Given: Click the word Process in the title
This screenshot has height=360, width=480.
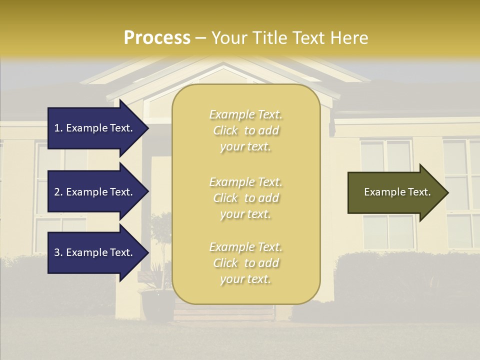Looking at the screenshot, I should [157, 38].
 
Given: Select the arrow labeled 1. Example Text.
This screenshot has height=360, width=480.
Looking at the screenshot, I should [95, 128].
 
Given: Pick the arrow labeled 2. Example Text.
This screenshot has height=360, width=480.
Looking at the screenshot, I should [95, 192].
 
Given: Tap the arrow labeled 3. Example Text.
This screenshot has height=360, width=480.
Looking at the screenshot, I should [95, 252].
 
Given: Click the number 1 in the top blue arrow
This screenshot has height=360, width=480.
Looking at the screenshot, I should [57, 128].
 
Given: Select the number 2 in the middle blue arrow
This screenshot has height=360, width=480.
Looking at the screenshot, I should [57, 192].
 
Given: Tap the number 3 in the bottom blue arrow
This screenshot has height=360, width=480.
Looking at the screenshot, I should [57, 252].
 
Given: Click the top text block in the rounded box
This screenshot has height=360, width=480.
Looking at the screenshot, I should [245, 130].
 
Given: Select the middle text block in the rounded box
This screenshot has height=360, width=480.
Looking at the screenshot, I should [245, 198].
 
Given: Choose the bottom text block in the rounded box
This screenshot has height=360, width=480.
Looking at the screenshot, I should [245, 263].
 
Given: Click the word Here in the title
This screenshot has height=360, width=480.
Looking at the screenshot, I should [351, 38].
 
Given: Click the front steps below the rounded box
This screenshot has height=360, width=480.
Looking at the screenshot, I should [224, 313].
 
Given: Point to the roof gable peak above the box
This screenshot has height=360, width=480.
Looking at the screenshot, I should [223, 64].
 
